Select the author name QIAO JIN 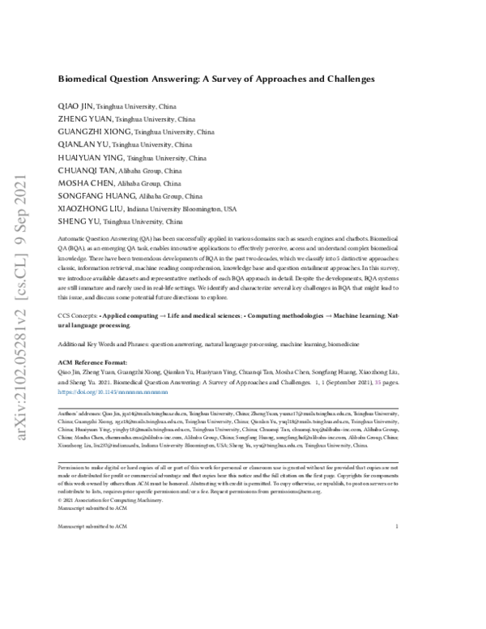click(75, 106)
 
